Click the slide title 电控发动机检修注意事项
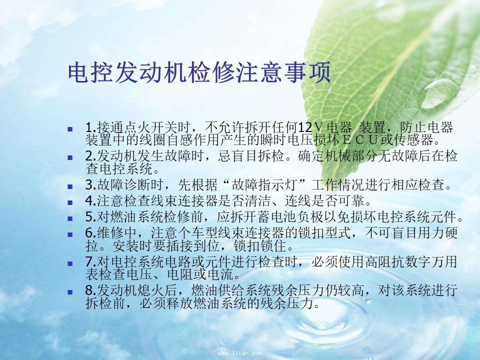pos(199,72)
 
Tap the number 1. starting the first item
pos(91,127)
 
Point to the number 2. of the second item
pos(91,156)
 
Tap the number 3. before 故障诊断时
pos(91,185)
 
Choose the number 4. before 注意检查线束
pos(91,201)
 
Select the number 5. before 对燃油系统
pos(91,217)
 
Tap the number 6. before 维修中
pos(91,233)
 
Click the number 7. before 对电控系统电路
pos(91,262)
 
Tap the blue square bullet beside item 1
pos(70,129)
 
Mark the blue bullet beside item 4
pos(70,202)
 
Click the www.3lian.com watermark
pos(240,353)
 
